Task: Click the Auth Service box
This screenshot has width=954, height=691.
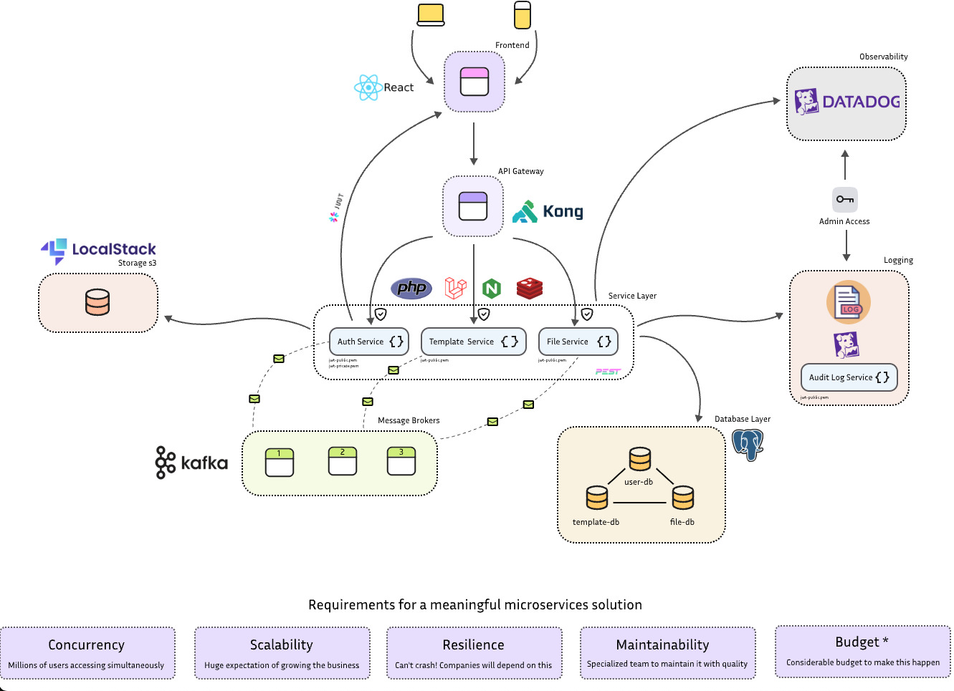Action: tap(368, 342)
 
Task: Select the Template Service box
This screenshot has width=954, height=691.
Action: tap(473, 342)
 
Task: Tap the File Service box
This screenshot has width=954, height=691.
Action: tap(578, 342)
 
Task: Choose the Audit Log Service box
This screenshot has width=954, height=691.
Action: tap(849, 377)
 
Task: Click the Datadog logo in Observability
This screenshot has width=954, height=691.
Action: tap(847, 102)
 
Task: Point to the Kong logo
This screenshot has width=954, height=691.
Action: tap(548, 212)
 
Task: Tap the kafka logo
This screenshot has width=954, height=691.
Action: tap(191, 463)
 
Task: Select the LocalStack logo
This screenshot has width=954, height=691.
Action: tap(98, 250)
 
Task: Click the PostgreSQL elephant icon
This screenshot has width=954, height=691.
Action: tap(748, 445)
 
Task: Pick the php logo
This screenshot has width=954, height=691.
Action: tap(411, 288)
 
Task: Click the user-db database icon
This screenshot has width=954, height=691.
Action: tap(640, 460)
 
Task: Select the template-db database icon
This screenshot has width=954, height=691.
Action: tap(596, 498)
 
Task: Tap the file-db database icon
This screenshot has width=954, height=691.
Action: tap(683, 498)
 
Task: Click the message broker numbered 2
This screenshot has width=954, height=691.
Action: tap(343, 461)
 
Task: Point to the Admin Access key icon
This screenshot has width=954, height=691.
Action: tap(845, 200)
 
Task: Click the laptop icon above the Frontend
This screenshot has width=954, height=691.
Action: tap(431, 15)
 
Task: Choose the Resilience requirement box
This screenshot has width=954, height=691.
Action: tap(474, 653)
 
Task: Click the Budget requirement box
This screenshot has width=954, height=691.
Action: tap(862, 651)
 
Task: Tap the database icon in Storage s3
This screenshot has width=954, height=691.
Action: tap(97, 302)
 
